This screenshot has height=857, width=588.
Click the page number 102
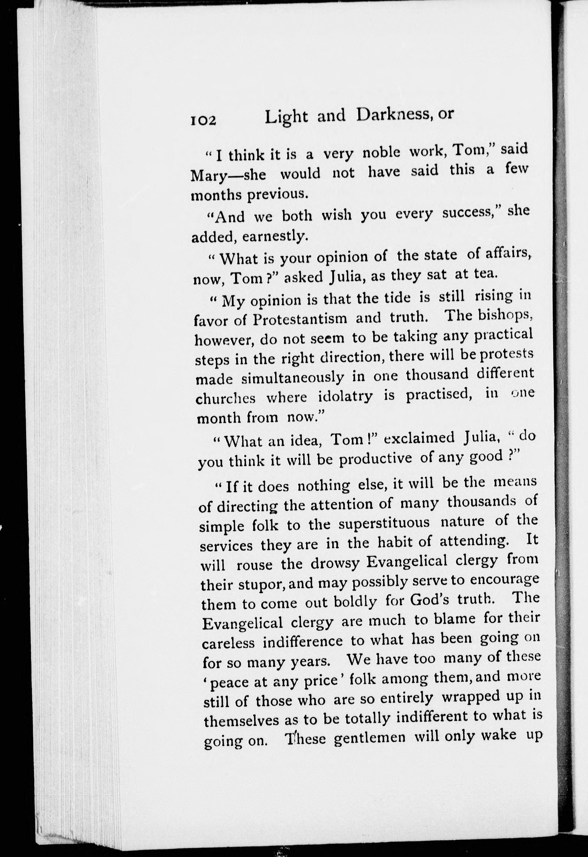point(203,121)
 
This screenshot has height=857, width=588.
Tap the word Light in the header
point(286,117)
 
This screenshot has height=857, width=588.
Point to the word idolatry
point(344,397)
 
